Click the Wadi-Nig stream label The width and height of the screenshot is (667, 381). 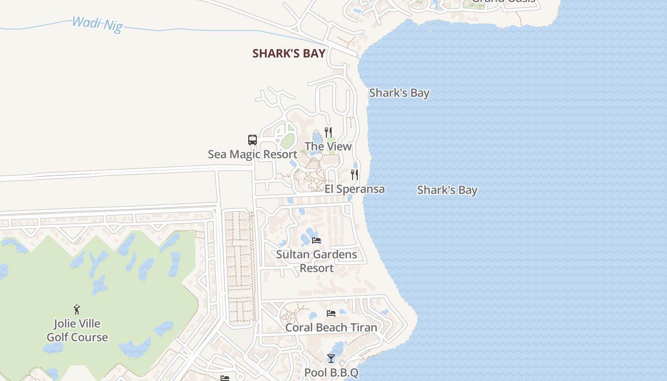97,23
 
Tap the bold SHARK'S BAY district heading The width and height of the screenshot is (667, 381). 289,53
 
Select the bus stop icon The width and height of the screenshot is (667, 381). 253,140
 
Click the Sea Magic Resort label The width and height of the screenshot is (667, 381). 253,154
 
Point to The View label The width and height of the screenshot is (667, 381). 328,146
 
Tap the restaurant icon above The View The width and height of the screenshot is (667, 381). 328,132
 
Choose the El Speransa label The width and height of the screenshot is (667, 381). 354,189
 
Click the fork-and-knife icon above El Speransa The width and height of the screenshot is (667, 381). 354,175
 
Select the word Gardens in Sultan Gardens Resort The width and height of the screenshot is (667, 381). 333,254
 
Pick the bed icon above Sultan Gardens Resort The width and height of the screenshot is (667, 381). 316,240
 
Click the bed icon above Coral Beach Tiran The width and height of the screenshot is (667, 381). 331,313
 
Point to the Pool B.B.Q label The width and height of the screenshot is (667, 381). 331,372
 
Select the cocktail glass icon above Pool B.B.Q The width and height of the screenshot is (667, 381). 331,358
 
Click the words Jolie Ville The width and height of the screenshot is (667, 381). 77,324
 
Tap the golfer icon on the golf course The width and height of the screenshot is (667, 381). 77,310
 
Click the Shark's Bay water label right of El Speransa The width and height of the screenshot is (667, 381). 447,190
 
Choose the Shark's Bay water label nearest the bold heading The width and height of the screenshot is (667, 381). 399,93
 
